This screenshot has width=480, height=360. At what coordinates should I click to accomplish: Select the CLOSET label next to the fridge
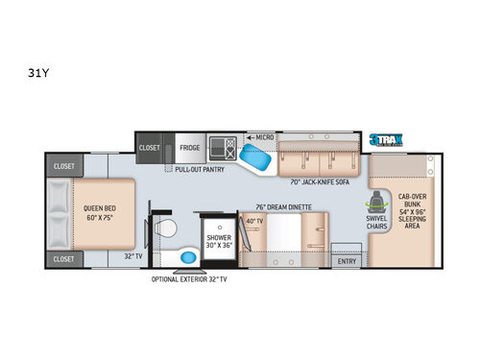[x=150, y=148]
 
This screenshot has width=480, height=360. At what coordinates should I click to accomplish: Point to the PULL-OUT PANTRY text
[x=200, y=169]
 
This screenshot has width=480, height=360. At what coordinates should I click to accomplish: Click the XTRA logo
[x=384, y=138]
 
